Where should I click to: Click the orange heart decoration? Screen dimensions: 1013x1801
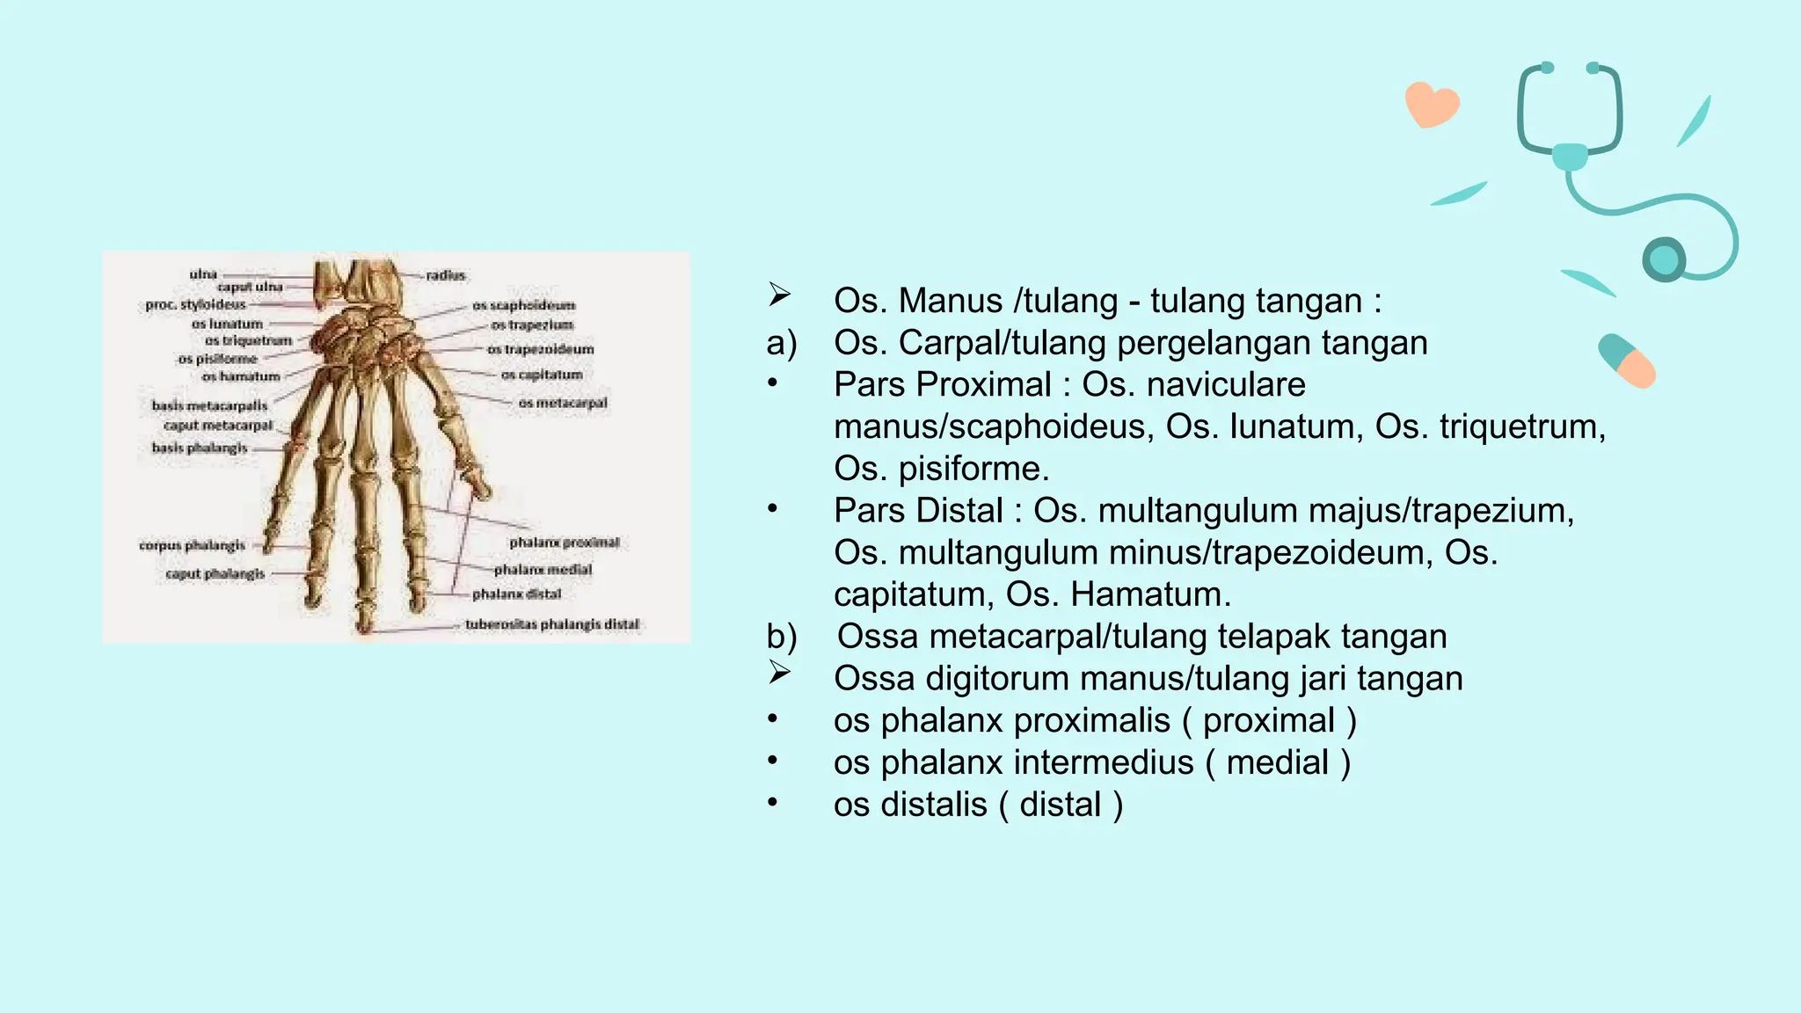[1432, 105]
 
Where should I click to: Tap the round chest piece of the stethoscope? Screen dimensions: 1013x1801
[1664, 259]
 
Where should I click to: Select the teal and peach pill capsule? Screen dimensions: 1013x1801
[1627, 361]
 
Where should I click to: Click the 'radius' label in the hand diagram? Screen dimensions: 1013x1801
[446, 275]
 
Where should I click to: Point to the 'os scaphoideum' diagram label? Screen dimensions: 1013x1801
[524, 305]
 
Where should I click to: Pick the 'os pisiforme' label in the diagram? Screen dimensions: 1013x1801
[217, 359]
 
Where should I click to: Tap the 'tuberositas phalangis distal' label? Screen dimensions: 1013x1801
[552, 624]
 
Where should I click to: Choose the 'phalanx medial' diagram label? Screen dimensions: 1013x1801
[543, 569]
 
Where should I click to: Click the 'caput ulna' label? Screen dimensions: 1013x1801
[250, 287]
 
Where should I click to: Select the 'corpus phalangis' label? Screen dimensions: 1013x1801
[192, 545]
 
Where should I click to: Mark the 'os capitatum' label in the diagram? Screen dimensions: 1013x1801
[542, 375]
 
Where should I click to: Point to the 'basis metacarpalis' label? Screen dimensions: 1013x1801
[209, 405]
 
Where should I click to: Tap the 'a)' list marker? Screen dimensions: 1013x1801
[782, 343]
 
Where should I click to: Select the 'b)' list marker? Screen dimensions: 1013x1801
[782, 637]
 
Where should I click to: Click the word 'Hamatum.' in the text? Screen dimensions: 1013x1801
[1150, 594]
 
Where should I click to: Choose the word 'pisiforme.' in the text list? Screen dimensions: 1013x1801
[973, 469]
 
